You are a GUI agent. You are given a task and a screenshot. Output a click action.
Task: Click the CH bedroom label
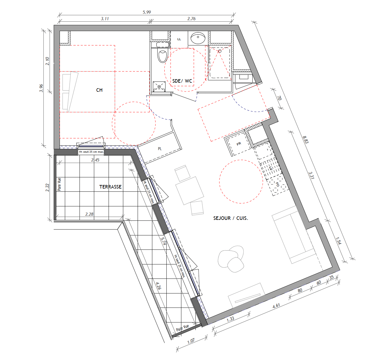(99, 90)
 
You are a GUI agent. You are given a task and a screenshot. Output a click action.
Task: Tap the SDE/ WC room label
(182, 81)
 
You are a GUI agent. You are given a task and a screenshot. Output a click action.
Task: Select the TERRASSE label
(110, 187)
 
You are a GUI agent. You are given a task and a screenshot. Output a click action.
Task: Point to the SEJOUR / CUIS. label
(230, 218)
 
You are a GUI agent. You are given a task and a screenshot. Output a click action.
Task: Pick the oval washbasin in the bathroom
(198, 38)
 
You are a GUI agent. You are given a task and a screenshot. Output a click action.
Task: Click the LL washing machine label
(179, 39)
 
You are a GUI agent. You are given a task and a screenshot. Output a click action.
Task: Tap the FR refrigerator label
(239, 144)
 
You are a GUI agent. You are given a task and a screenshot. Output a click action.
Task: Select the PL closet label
(160, 149)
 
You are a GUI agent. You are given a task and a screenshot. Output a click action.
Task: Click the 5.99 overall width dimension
(147, 12)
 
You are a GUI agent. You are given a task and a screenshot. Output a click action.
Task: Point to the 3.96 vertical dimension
(41, 88)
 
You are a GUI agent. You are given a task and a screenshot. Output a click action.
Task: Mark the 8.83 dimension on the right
(305, 140)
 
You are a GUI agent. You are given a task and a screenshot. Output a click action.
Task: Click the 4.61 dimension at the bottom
(276, 306)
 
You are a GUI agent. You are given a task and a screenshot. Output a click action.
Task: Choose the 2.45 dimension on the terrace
(95, 160)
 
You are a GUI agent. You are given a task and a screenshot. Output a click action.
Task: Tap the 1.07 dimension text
(191, 341)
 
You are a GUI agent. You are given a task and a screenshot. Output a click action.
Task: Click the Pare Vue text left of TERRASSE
(59, 184)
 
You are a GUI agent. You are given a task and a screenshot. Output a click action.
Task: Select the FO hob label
(278, 184)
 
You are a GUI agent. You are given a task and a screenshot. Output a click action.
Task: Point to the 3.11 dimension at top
(105, 19)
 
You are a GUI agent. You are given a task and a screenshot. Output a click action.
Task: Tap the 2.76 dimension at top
(191, 19)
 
